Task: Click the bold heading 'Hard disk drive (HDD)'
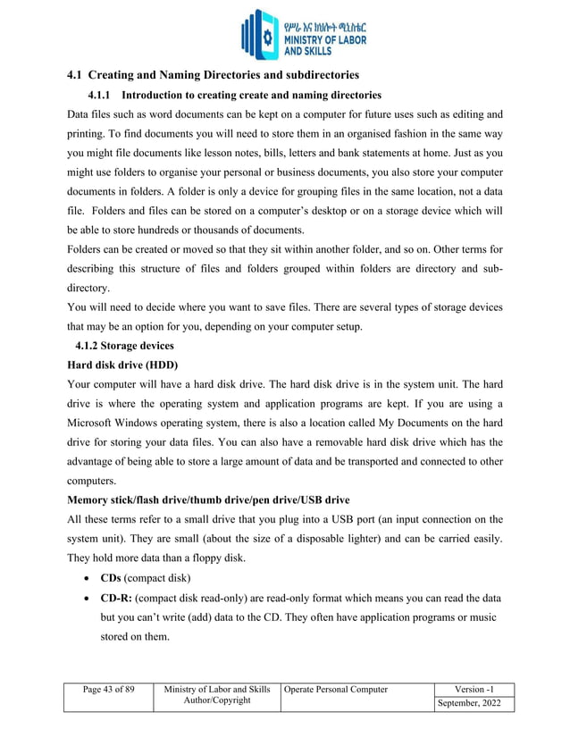click(123, 365)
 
